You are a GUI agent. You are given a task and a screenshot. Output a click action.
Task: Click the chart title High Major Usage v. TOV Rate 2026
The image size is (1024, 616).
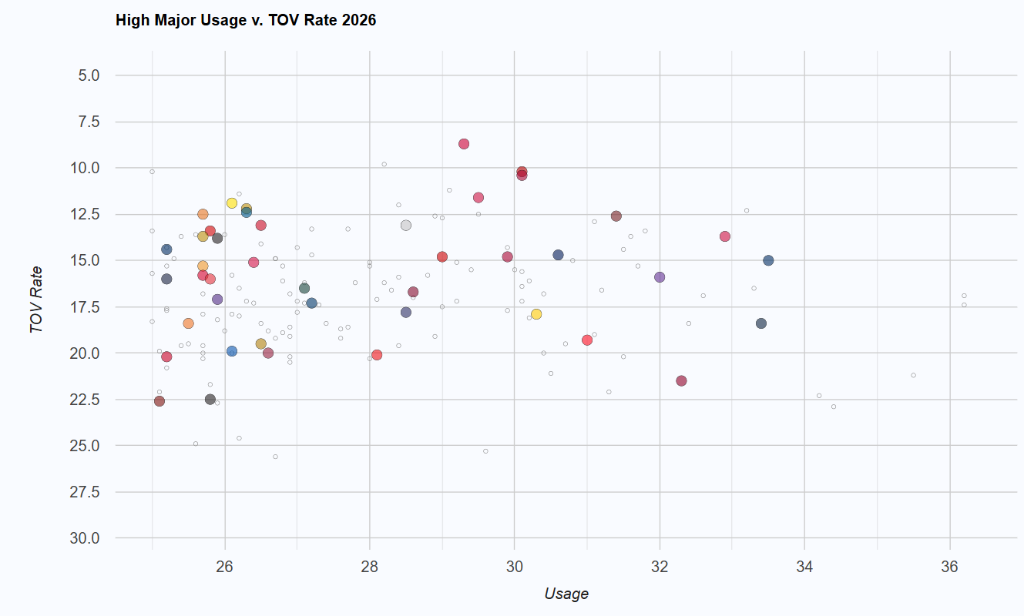[246, 20]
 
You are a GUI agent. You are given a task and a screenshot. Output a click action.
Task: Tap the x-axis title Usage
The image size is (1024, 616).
[566, 594]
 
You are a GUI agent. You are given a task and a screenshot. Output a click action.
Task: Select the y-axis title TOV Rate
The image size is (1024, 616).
[35, 300]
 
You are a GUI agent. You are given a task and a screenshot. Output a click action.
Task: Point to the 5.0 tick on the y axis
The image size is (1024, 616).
[89, 75]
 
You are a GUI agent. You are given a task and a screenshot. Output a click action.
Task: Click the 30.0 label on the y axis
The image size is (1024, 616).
[85, 538]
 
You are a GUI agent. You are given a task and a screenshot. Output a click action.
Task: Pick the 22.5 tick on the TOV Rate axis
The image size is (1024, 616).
[85, 400]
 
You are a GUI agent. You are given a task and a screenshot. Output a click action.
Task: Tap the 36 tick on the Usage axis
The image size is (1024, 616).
[949, 567]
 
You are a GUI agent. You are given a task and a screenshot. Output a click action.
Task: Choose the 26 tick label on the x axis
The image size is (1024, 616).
[224, 567]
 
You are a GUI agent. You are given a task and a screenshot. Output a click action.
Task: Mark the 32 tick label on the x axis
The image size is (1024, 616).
[660, 567]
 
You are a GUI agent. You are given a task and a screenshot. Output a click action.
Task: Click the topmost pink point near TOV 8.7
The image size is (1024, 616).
[464, 144]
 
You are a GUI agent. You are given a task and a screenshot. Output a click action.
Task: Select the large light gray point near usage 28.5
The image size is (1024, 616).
[406, 226]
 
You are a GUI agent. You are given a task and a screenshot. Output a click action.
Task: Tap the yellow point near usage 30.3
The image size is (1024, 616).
[536, 314]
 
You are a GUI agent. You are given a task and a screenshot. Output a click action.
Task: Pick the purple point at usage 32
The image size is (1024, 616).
[660, 277]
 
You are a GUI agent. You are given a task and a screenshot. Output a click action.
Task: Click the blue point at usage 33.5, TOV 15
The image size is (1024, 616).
[768, 260]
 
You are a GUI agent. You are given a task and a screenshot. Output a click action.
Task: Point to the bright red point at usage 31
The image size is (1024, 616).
[587, 340]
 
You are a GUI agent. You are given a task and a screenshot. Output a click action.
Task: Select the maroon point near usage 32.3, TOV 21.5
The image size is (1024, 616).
[681, 380]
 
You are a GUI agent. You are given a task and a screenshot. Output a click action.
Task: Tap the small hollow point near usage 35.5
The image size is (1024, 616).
[913, 375]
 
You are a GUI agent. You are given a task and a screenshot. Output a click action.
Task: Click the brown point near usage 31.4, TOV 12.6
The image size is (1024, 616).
[616, 216]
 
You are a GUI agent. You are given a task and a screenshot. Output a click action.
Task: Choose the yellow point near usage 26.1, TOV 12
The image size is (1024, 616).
[232, 203]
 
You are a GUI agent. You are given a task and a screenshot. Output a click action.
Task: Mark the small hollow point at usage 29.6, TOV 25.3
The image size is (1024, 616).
[485, 451]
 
